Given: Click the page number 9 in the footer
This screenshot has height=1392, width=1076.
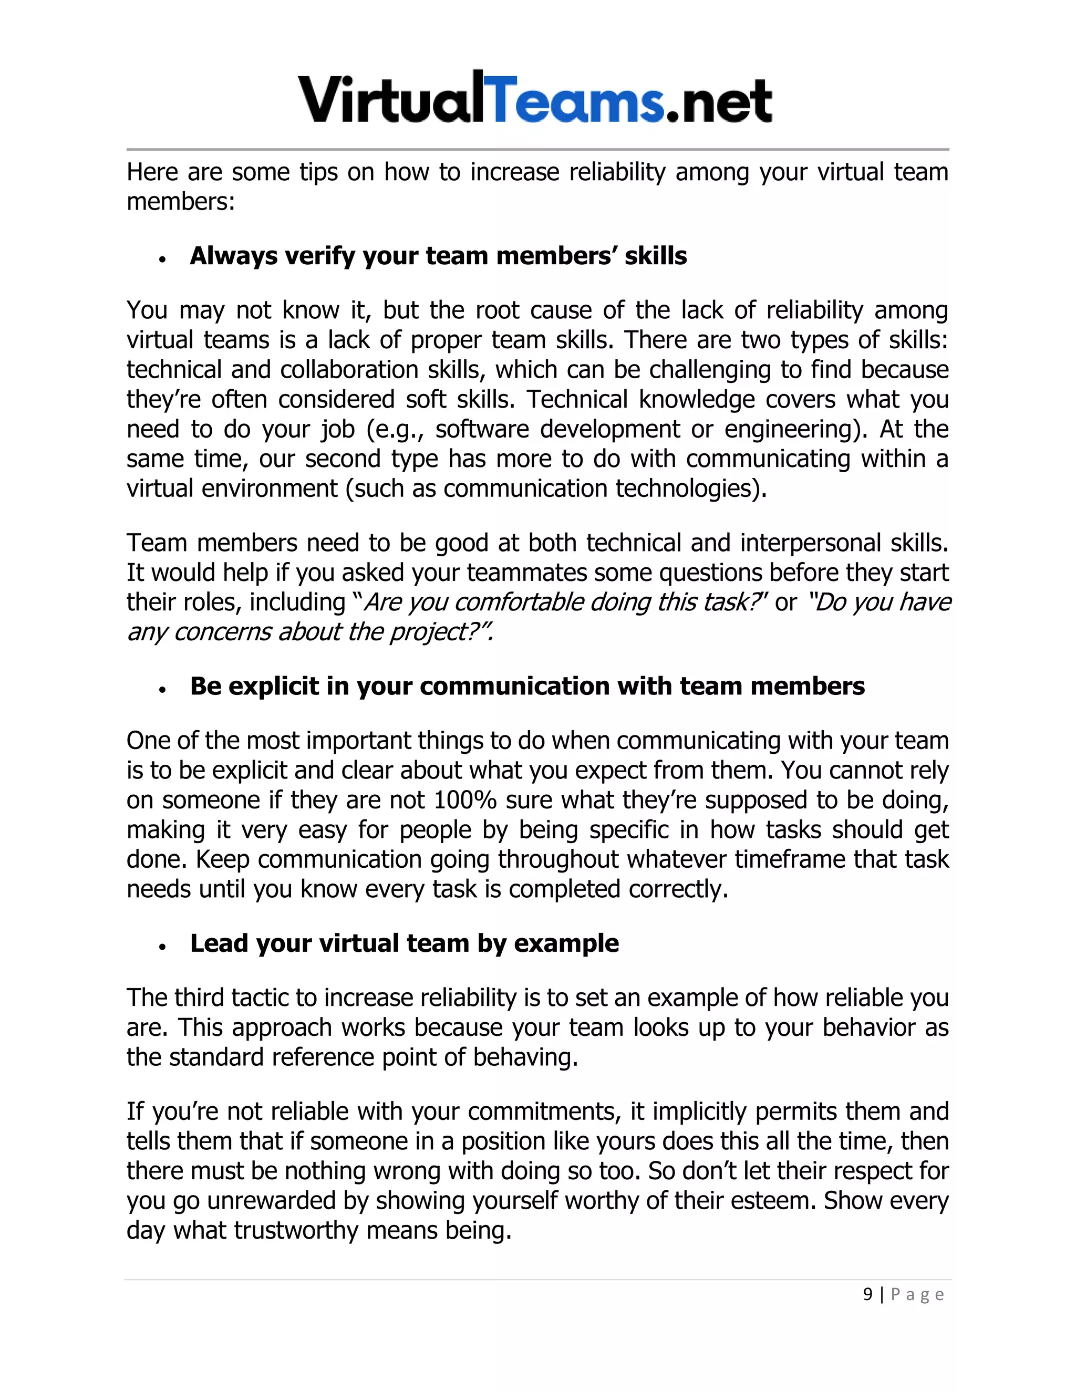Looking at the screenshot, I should pyautogui.click(x=867, y=1294).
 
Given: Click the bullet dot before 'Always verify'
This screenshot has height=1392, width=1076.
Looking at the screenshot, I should pyautogui.click(x=163, y=259).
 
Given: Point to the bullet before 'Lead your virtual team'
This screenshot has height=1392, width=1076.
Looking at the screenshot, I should pyautogui.click(x=163, y=947).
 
